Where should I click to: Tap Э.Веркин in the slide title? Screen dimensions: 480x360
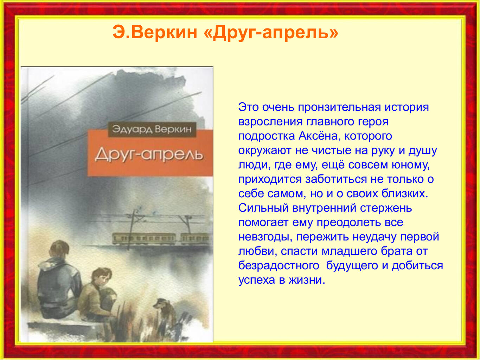[155, 32]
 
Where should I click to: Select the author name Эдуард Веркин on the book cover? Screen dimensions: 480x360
[152, 129]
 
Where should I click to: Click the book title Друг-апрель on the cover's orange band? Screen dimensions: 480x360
[149, 155]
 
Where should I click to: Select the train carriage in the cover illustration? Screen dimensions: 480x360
[144, 239]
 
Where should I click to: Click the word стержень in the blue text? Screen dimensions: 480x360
[386, 208]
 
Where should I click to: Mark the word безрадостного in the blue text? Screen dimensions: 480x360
[279, 266]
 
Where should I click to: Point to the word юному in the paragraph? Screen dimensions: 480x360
[408, 165]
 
